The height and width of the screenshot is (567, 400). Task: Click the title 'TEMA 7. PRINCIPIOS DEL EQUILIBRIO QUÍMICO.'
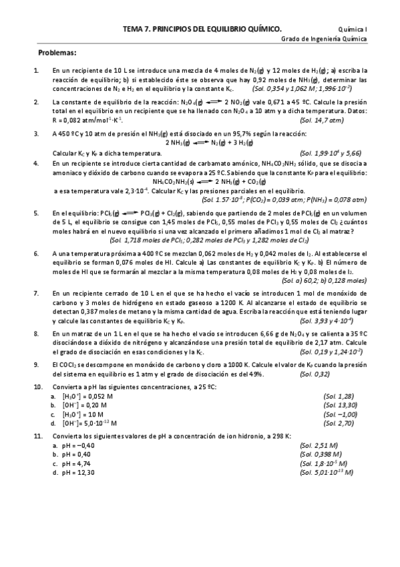tap(202, 29)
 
